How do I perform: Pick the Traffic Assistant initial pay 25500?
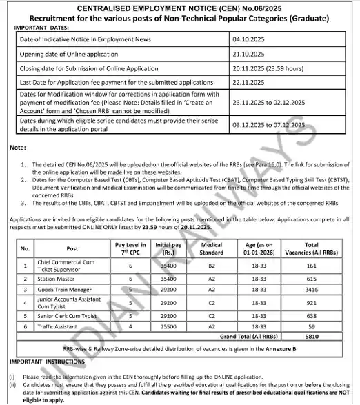pyautogui.click(x=165, y=328)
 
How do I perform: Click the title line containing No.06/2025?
pyautogui.click(x=180, y=8)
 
